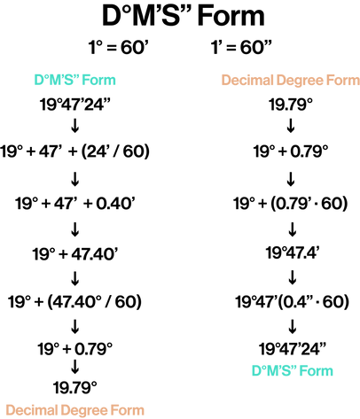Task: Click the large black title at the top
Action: (184, 16)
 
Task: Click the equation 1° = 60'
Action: (118, 47)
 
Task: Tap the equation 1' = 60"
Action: (241, 47)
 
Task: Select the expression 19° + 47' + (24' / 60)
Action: (74, 151)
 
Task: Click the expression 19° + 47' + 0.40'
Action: (75, 204)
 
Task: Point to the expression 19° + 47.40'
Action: (75, 254)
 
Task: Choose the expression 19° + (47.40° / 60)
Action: (74, 302)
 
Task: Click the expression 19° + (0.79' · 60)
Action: (291, 204)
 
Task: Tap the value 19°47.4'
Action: (293, 253)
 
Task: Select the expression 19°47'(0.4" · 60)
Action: (292, 302)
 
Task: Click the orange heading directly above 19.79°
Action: (290, 81)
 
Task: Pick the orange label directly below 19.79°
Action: (74, 410)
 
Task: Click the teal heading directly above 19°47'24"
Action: (74, 80)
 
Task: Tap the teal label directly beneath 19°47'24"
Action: (293, 370)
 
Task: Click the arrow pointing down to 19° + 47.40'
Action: (75, 229)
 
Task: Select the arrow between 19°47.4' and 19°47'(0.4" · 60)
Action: (293, 277)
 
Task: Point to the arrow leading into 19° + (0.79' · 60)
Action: (291, 178)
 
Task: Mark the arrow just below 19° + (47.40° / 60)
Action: (75, 326)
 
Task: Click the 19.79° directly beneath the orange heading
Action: (291, 105)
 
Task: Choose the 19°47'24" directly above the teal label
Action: (293, 349)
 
